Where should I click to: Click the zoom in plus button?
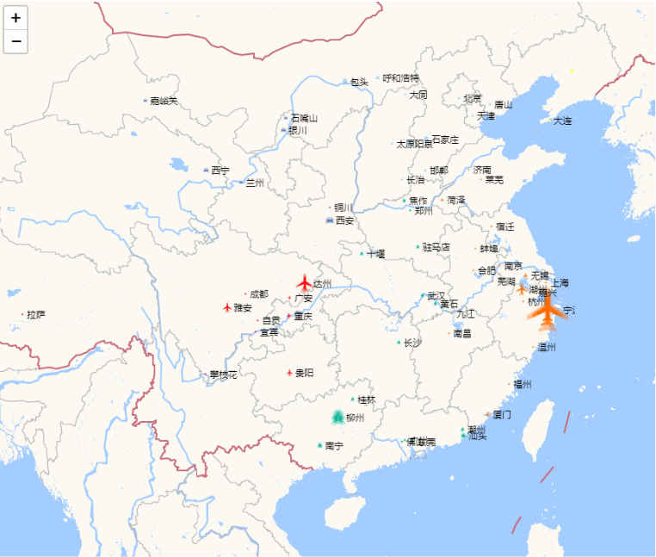[x=16, y=17]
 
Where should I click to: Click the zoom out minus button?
[x=16, y=40]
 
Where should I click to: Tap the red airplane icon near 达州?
[x=304, y=282]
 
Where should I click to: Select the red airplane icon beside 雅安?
[x=227, y=306]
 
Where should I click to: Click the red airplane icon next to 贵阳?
[x=289, y=373]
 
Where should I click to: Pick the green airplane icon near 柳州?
[x=337, y=417]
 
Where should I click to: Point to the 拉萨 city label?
[x=35, y=314]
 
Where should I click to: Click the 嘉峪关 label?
[x=163, y=101]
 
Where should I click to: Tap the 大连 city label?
[x=562, y=121]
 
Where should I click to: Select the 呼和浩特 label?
[x=400, y=78]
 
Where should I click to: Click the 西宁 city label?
[x=220, y=170]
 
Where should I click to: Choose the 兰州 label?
[x=255, y=183]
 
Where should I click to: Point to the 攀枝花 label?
[x=222, y=374]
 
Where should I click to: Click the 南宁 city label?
[x=334, y=446]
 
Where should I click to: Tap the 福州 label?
[x=523, y=384]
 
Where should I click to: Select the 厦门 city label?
[x=502, y=414]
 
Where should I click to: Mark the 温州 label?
[x=547, y=347]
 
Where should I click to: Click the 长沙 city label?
[x=413, y=343]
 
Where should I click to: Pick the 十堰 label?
[x=376, y=254]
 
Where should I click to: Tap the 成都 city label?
[x=258, y=294]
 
